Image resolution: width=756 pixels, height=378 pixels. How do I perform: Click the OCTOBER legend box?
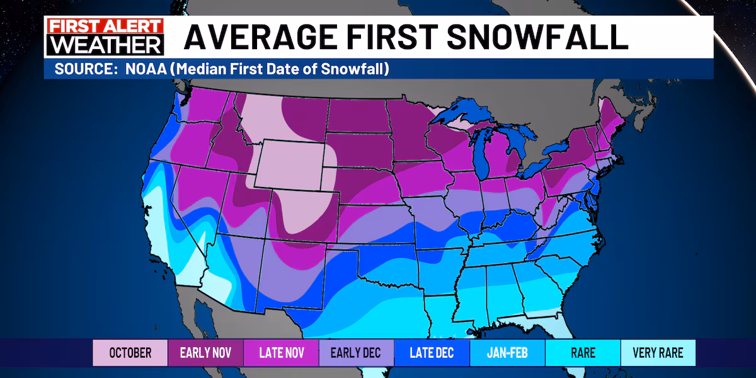click(x=130, y=353)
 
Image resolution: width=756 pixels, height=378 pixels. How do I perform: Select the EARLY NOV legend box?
click(x=205, y=353)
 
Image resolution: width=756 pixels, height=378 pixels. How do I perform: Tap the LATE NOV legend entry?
click(x=281, y=353)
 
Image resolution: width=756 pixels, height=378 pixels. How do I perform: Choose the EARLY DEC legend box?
click(x=356, y=353)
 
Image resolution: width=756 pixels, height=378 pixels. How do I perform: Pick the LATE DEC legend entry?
click(x=432, y=353)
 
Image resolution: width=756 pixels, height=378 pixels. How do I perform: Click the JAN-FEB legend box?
click(x=507, y=353)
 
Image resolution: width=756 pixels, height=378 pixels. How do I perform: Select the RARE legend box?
click(x=582, y=353)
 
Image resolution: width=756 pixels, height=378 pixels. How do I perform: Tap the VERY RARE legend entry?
click(x=658, y=353)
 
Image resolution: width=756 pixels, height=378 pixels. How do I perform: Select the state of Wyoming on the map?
click(x=291, y=164)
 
